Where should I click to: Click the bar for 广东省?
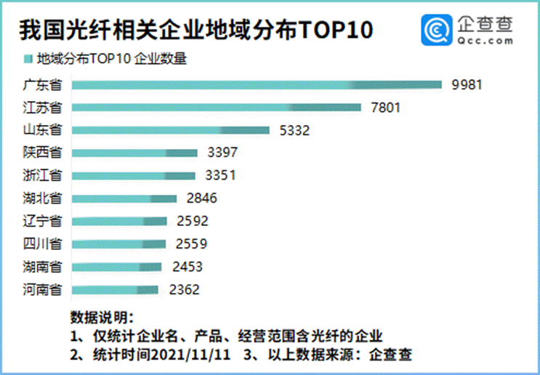click(257, 85)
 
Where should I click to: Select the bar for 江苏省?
click(217, 108)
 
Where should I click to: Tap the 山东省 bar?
click(171, 130)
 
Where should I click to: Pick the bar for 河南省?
click(115, 290)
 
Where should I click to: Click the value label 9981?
click(467, 85)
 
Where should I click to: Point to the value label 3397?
click(222, 152)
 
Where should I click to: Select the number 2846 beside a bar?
click(202, 198)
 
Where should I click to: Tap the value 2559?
click(191, 243)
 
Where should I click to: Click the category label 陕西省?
click(42, 152)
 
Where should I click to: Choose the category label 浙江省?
click(42, 175)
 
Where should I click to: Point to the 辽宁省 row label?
click(42, 221)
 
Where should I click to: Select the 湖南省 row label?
click(42, 267)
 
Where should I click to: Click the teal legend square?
click(28, 59)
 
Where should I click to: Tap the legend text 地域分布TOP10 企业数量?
click(112, 59)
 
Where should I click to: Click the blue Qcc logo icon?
click(437, 30)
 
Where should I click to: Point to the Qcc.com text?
click(485, 41)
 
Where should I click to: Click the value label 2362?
click(185, 290)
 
